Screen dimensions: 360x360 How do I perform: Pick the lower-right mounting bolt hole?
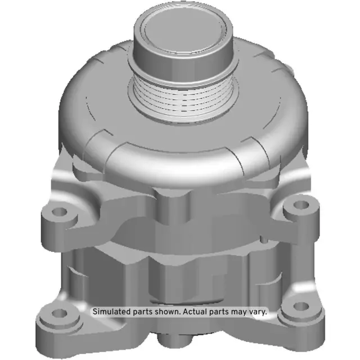click(x=302, y=307)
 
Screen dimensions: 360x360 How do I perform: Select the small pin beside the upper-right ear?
click(x=307, y=201)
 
